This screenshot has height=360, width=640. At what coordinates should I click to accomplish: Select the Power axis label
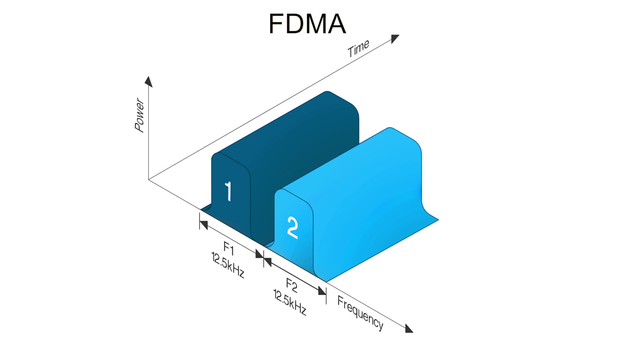tap(138, 115)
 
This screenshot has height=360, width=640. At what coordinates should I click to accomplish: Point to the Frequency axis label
tap(359, 312)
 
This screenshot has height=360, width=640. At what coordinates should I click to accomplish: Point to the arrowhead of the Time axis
tap(396, 39)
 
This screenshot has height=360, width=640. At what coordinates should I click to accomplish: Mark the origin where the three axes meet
tap(148, 180)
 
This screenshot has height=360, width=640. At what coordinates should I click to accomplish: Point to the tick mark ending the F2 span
tap(326, 291)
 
